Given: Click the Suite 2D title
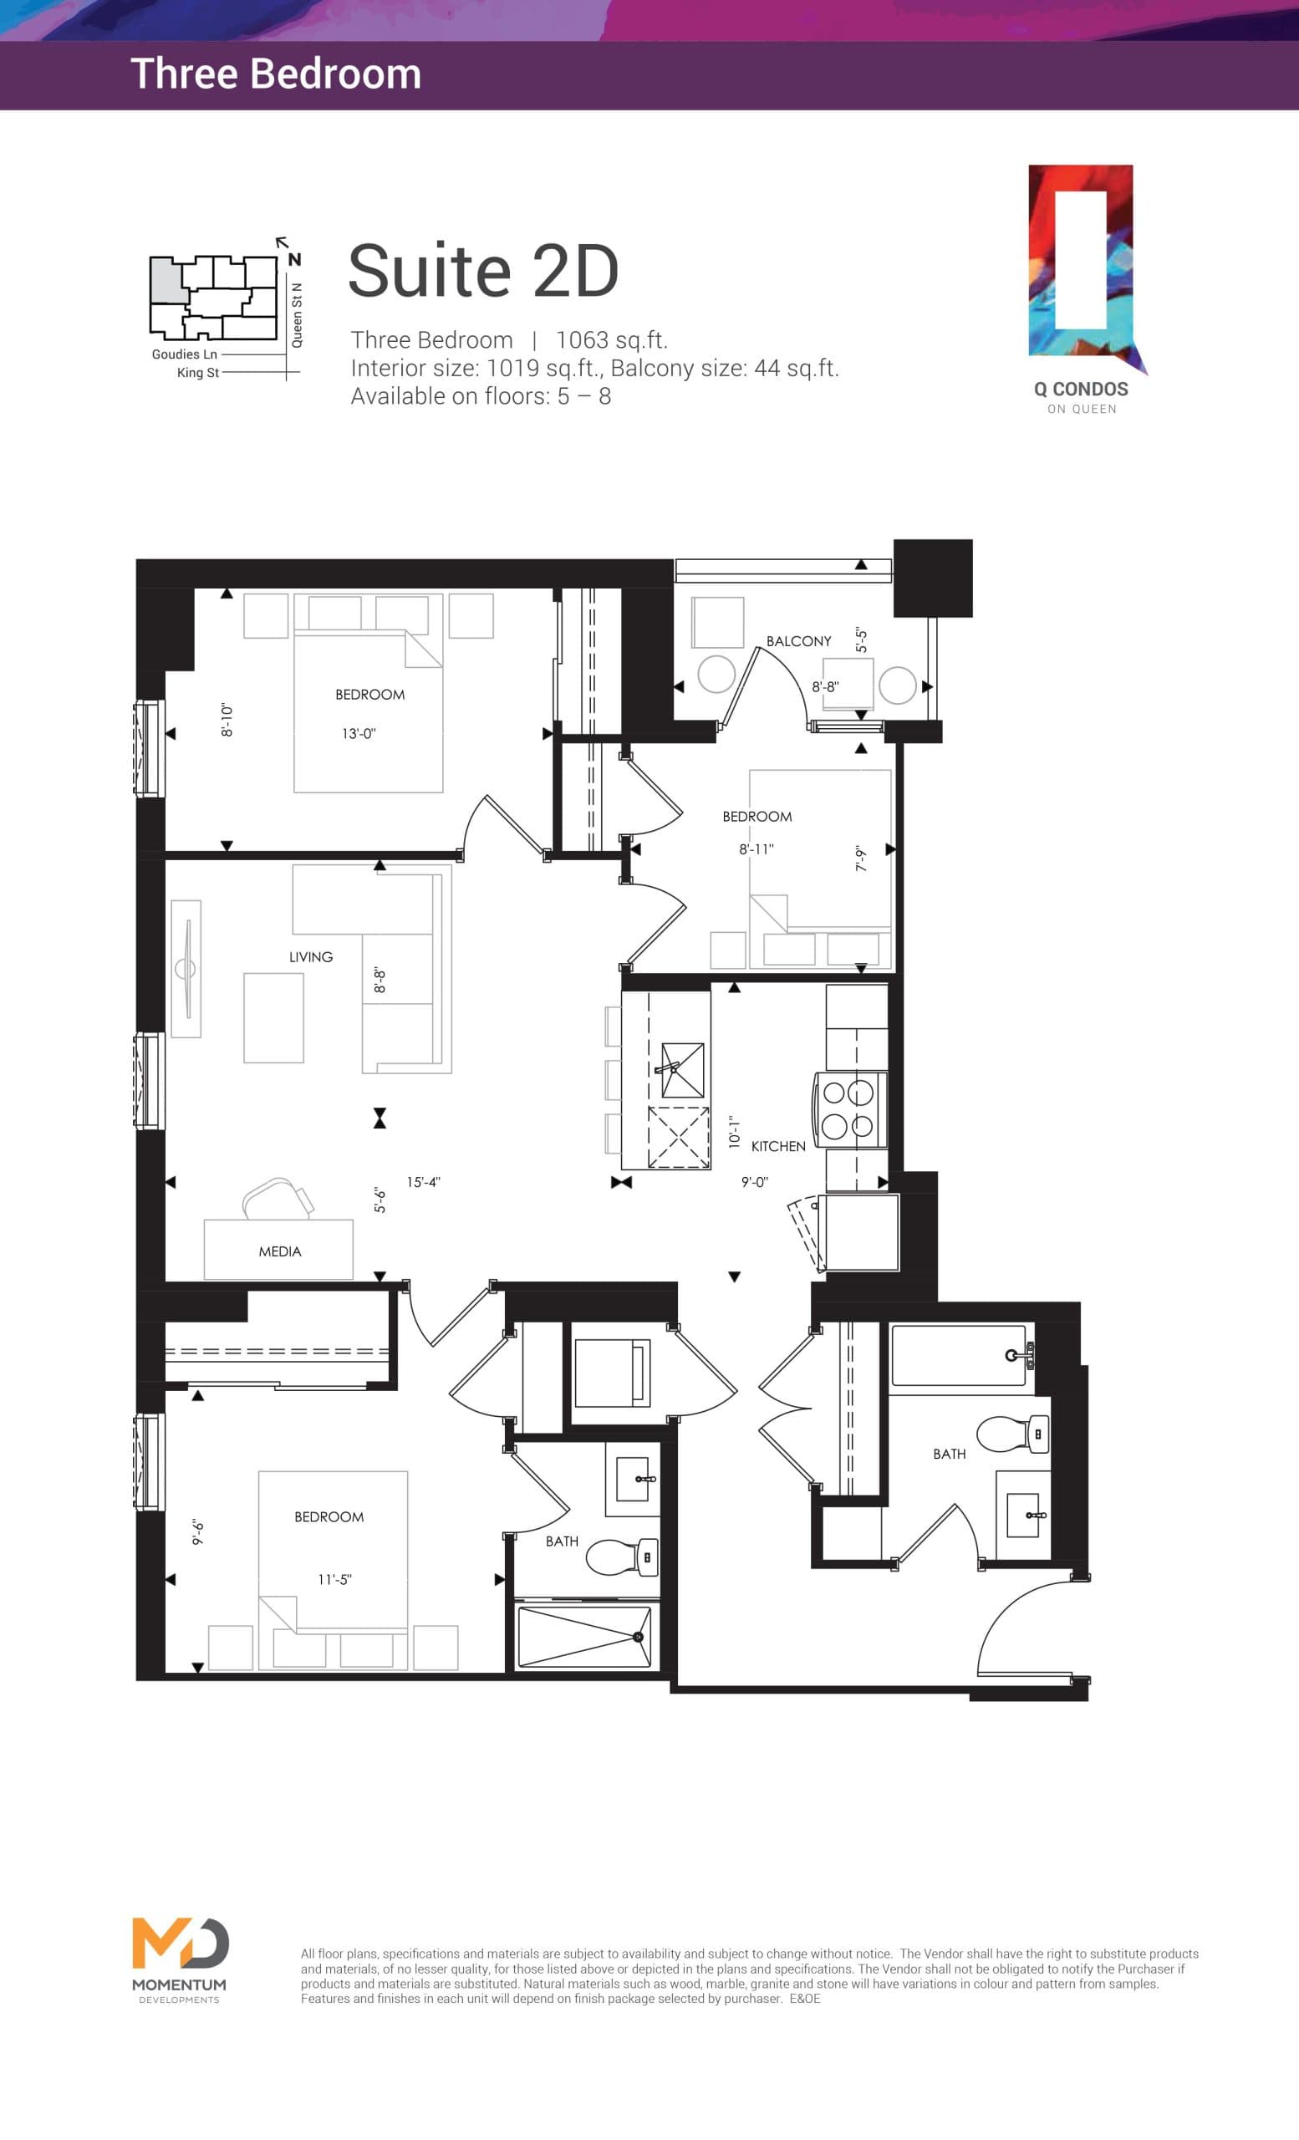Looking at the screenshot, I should click(483, 271).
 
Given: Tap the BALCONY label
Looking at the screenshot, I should click(798, 641).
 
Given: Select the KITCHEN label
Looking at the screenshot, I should click(778, 1146).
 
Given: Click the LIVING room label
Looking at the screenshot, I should click(311, 957).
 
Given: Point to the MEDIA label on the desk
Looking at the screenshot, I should click(279, 1251).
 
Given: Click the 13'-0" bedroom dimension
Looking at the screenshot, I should click(359, 734).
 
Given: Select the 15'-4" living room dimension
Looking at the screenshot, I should click(424, 1182).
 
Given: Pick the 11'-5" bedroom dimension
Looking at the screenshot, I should click(334, 1580).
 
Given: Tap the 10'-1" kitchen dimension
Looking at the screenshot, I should click(735, 1133).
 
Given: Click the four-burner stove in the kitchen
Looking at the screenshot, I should click(849, 1110).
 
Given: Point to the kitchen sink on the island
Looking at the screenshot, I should click(682, 1070).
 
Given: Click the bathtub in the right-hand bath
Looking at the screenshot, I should click(960, 1355).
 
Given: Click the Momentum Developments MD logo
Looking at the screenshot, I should click(180, 1944).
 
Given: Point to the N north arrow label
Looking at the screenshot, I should click(294, 259).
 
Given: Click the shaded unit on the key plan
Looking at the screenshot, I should click(169, 280).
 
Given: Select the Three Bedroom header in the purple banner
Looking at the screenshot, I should click(275, 74).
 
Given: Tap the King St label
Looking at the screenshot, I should click(197, 373).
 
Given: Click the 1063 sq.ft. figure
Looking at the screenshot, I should click(611, 340).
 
